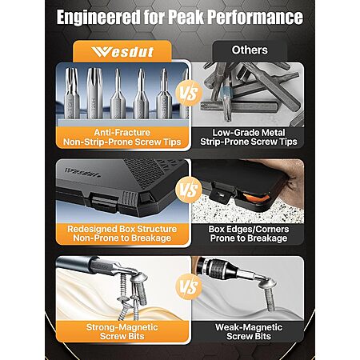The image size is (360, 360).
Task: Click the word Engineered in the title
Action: pos(98,18)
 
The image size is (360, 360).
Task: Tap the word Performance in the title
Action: pos(255,17)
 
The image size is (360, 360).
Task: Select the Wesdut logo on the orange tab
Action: pos(122,52)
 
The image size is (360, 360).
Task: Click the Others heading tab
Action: pos(250,50)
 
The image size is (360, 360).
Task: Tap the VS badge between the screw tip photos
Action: pos(189,94)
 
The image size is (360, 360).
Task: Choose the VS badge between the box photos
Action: pos(189,190)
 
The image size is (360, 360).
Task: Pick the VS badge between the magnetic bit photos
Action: pos(189,287)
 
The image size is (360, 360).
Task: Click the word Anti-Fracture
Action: pos(122,133)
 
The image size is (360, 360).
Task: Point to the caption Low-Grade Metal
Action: pos(249,133)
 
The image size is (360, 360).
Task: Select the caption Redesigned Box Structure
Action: pos(122,229)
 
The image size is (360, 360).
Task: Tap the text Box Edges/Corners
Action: pos(249,229)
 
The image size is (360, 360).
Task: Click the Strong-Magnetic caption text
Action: pos(122,327)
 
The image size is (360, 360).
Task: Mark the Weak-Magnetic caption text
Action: pos(249,327)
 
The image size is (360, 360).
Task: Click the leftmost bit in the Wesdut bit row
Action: pos(72,93)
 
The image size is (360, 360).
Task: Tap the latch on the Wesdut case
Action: pos(104,202)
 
